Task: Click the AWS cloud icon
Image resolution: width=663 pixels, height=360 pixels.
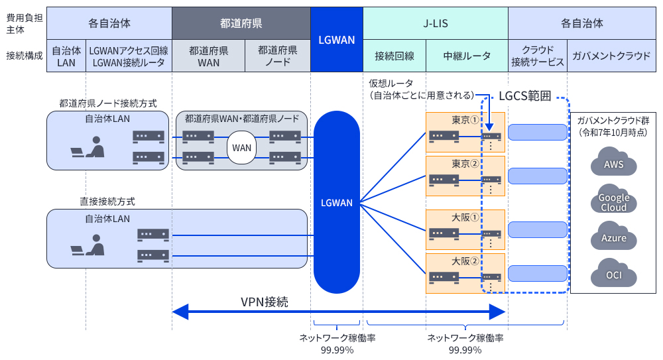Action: click(613, 164)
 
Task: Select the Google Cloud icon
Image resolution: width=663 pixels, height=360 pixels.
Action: click(613, 201)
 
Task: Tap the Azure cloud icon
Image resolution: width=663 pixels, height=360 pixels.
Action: click(613, 237)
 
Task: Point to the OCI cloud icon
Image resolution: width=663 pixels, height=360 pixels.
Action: click(613, 274)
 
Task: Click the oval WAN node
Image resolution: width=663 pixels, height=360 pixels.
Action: click(241, 147)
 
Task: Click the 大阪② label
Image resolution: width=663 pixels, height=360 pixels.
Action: click(465, 261)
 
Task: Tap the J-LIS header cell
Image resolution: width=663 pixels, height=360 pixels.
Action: click(436, 23)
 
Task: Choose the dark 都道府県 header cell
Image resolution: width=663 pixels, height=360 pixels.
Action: click(241, 23)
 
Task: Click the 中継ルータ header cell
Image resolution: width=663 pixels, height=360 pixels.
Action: click(467, 56)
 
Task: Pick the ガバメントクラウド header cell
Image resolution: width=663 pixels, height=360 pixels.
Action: click(611, 56)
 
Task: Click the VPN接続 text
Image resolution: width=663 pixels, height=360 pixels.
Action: click(264, 302)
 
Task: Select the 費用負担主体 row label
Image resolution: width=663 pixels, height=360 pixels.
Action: click(24, 23)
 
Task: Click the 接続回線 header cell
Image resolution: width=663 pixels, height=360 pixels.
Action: click(394, 56)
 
